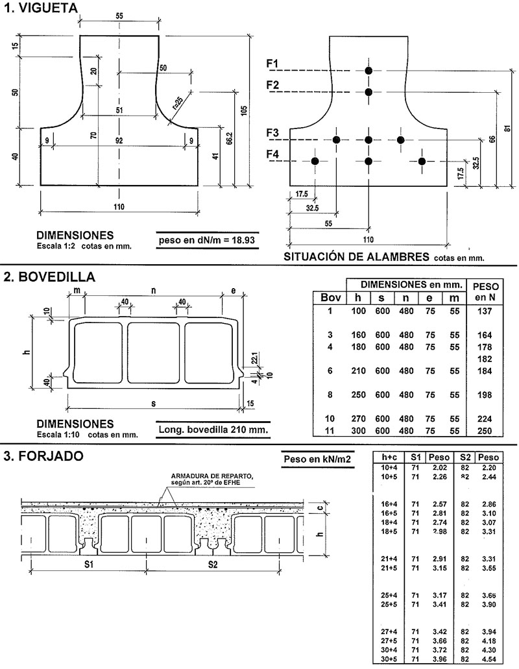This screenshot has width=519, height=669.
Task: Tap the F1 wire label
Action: (272, 63)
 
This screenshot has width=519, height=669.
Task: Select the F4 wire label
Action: (272, 154)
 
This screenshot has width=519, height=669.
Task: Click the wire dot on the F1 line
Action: (368, 70)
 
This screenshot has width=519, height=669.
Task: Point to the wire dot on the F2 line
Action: (368, 92)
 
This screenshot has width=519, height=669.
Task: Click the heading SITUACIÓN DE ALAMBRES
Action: (356, 256)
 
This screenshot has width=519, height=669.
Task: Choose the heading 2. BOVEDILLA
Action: (49, 277)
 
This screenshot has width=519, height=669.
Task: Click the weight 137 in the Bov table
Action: (485, 311)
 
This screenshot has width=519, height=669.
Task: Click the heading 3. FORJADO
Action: (43, 456)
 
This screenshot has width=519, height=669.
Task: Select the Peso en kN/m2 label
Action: (317, 460)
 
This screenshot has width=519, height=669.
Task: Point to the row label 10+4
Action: (389, 467)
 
